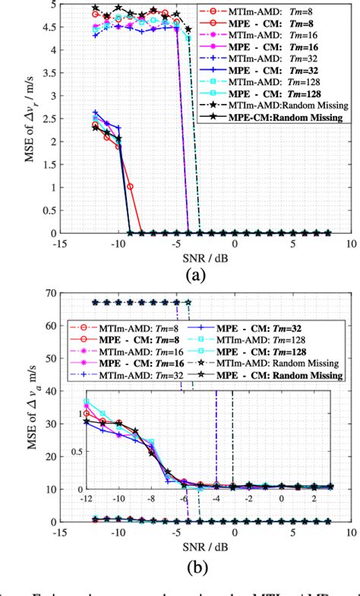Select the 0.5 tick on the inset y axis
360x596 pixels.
coord(79,450)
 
